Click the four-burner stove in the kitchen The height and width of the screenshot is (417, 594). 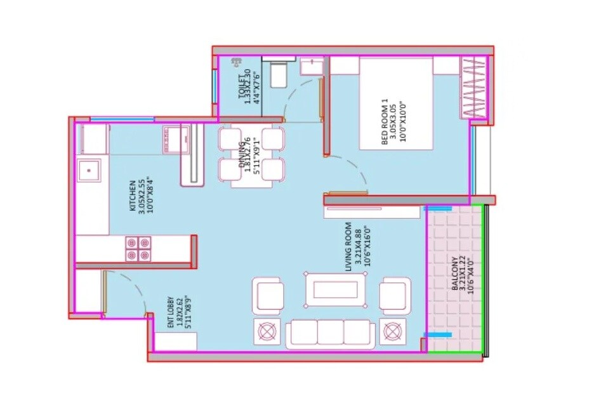pos(137,248)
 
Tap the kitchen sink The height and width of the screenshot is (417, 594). pos(89,169)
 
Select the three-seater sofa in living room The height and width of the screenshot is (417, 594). pos(329,333)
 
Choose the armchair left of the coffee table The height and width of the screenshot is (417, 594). pos(268,296)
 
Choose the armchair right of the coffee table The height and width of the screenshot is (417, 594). pos(395,296)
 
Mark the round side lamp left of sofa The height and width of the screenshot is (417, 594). pos(267,331)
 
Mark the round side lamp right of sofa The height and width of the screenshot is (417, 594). pos(393,331)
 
